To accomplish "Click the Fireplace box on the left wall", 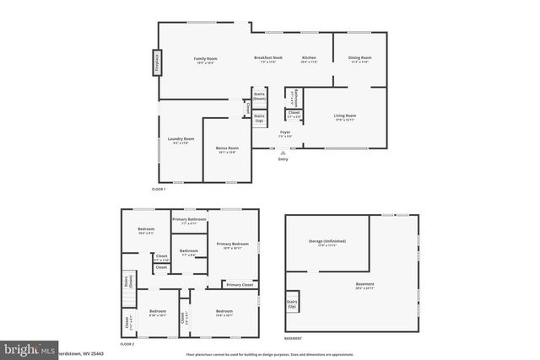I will (156, 63).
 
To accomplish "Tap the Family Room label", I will (206, 60).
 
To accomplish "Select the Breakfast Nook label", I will (271, 60).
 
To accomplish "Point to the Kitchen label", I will (309, 60).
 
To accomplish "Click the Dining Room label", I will (360, 60).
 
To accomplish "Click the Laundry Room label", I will (181, 141).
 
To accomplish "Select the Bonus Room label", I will (228, 149).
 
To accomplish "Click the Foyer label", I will (286, 133).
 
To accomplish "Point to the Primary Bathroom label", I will (189, 221).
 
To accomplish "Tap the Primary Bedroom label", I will (233, 246).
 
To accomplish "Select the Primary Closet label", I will (240, 285).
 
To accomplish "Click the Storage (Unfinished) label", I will (327, 242).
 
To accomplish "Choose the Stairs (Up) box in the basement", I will (293, 304).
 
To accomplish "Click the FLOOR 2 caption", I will (127, 345).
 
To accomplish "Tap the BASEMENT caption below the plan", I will (293, 338).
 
